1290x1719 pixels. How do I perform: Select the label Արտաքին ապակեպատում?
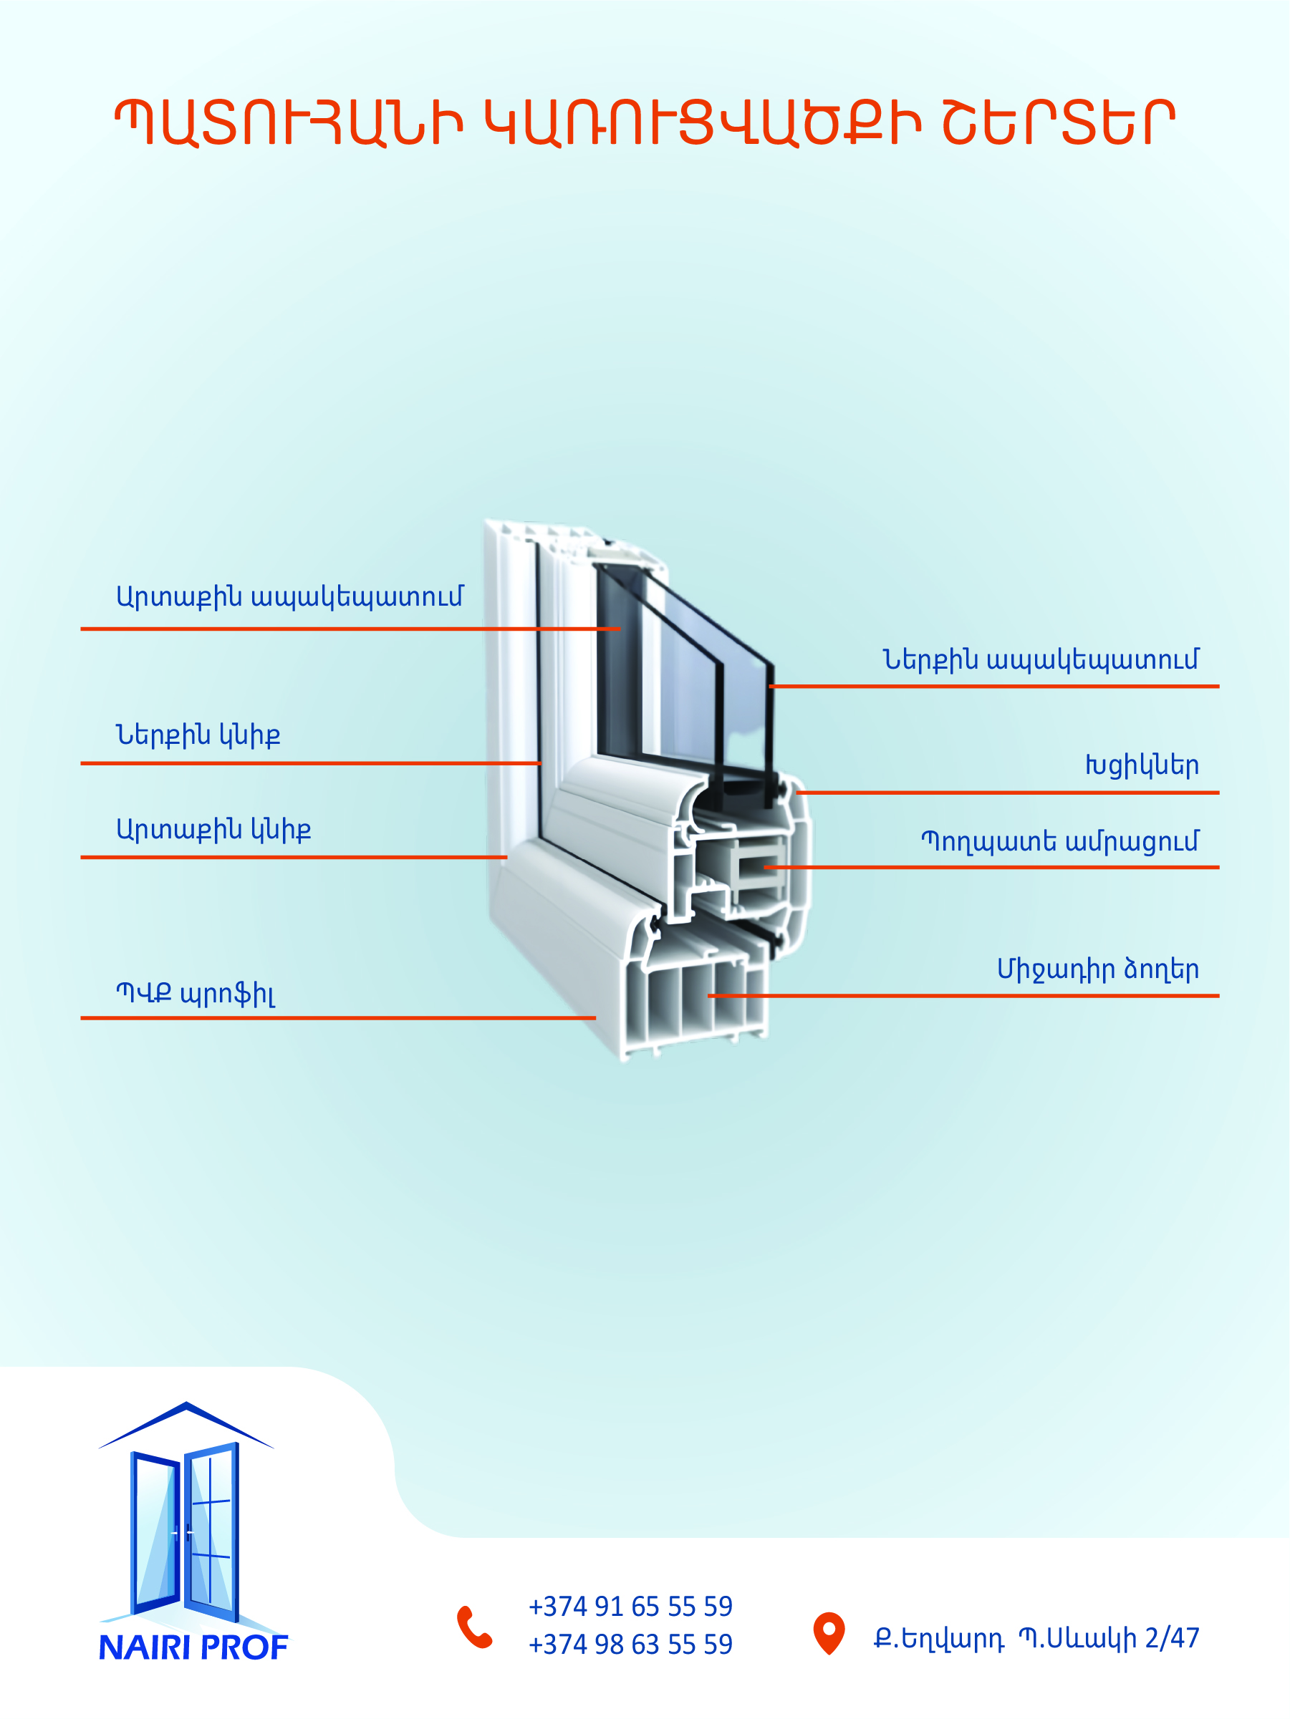coord(289,598)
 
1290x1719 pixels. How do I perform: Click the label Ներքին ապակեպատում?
coord(1041,661)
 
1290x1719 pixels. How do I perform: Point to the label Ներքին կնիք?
coord(198,735)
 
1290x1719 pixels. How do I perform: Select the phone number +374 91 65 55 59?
coord(630,1607)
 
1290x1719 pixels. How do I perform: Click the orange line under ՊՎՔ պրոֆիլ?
coord(338,1018)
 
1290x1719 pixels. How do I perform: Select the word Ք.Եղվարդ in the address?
coord(938,1639)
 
